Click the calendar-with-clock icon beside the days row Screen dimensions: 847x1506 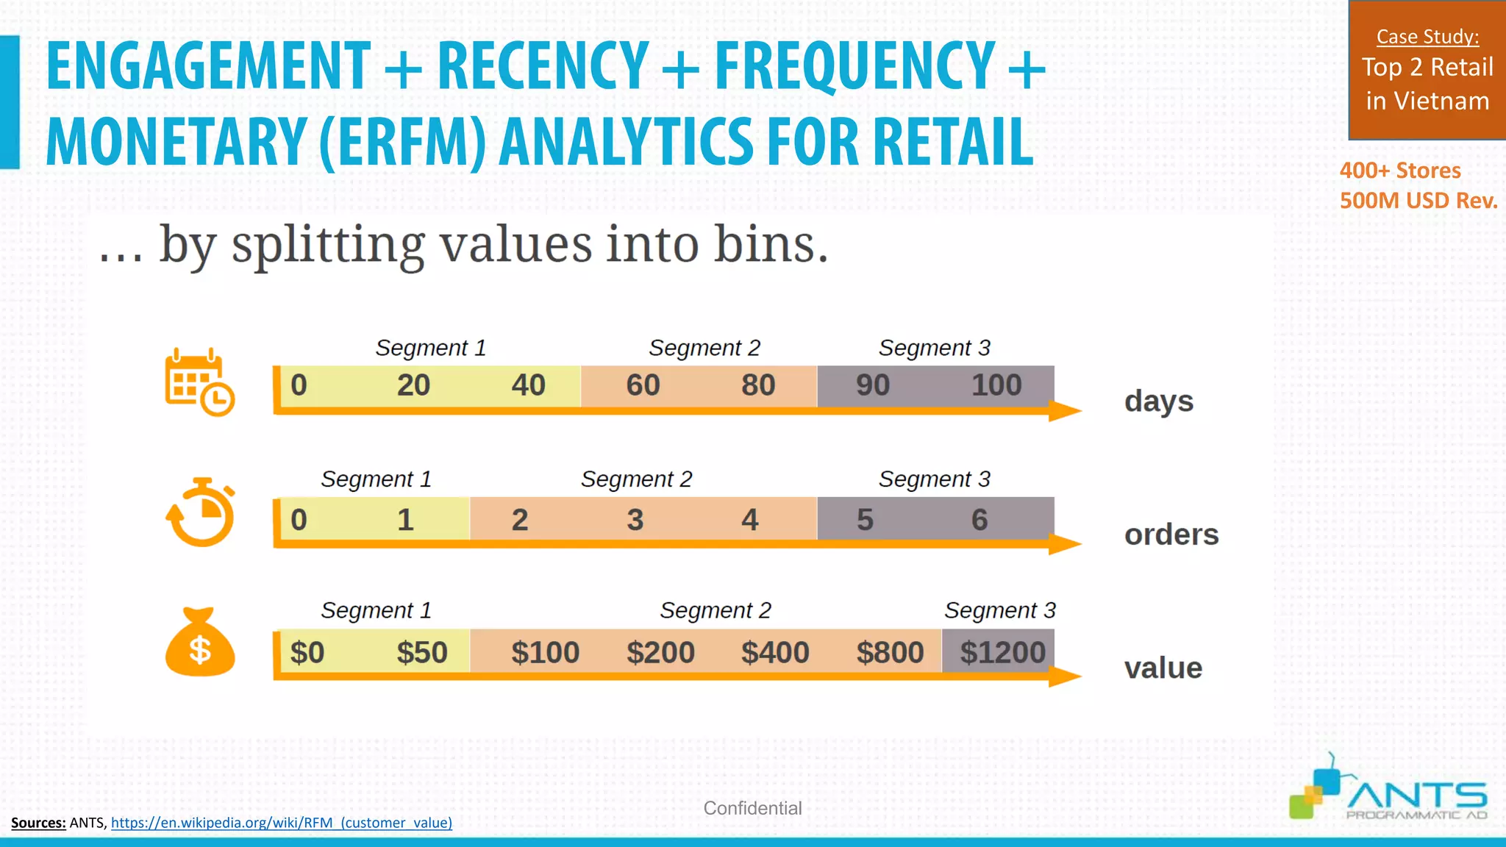199,382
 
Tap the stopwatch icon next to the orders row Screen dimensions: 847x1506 200,513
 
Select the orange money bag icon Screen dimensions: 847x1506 200,643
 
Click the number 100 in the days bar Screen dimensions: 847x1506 996,385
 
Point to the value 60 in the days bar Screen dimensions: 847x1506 643,385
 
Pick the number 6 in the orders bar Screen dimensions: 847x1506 979,520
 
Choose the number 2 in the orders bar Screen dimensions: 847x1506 519,520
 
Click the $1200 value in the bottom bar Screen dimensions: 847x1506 1002,652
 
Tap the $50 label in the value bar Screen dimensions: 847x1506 421,652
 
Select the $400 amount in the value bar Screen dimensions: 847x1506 775,652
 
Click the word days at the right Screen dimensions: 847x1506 1158,401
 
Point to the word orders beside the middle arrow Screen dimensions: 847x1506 1171,535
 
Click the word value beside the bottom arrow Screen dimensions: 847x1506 1163,668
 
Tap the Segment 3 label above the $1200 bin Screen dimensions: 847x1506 999,610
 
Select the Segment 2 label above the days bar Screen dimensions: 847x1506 704,348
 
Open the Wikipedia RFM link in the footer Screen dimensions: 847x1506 281,823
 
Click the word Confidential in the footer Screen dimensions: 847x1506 752,808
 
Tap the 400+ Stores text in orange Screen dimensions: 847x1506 1399,171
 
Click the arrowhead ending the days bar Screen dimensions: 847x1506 1065,411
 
